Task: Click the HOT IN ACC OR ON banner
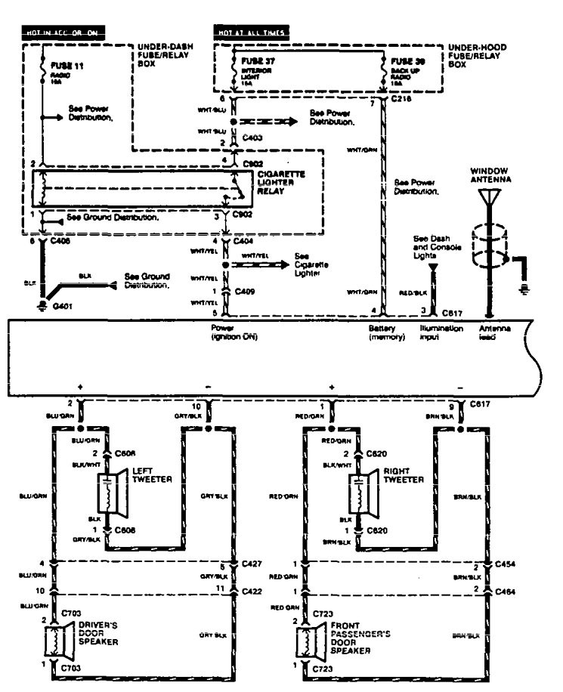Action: [x=62, y=34]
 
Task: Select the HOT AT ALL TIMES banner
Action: [x=249, y=34]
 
